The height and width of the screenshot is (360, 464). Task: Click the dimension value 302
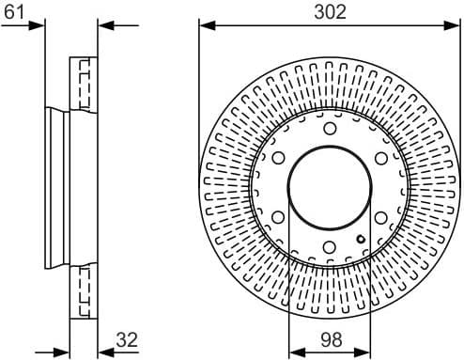click(x=329, y=11)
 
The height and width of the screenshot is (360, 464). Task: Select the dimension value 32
click(x=128, y=340)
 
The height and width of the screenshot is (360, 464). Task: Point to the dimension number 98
click(x=329, y=340)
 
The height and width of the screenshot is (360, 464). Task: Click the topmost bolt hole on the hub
click(x=330, y=128)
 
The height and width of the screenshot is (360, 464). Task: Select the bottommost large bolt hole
click(x=330, y=247)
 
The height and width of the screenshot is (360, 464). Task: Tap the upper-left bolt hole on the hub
click(x=278, y=158)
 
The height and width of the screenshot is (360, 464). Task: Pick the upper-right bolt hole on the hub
click(x=380, y=158)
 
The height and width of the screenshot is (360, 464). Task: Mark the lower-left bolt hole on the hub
click(x=278, y=217)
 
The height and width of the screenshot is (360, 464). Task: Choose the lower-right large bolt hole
click(x=380, y=217)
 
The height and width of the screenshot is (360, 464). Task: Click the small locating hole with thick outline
click(x=362, y=239)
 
